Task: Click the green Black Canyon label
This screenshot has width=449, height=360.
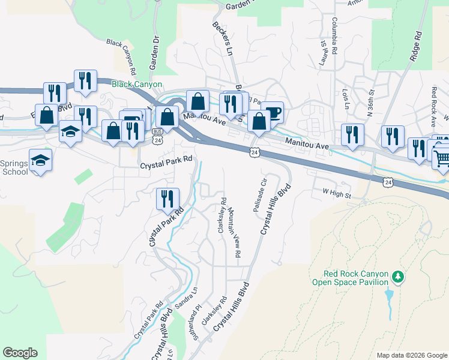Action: click(x=136, y=84)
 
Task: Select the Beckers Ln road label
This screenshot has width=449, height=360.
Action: click(x=222, y=39)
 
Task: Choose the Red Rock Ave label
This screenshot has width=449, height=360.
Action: click(x=433, y=106)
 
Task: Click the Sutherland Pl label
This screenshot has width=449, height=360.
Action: click(x=194, y=325)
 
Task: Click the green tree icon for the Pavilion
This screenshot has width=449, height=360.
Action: click(x=397, y=277)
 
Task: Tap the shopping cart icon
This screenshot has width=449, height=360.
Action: click(x=442, y=158)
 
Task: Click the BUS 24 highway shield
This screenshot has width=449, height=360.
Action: click(x=157, y=135)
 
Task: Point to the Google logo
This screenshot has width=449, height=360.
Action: click(x=20, y=353)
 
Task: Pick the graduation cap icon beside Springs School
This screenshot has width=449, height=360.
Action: click(x=40, y=160)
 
